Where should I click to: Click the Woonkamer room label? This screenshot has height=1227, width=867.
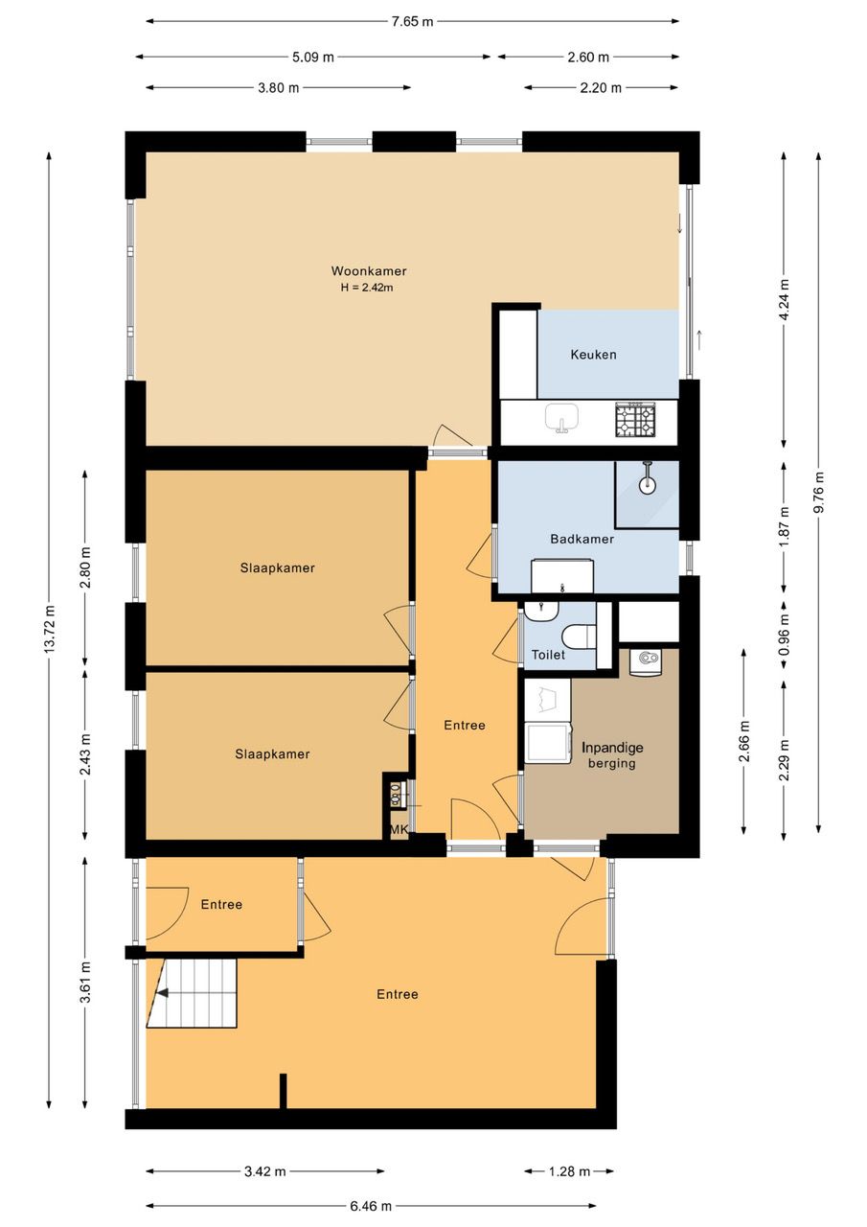click(x=369, y=270)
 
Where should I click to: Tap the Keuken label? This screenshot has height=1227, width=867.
click(x=593, y=355)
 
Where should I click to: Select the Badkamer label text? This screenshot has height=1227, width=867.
click(x=582, y=539)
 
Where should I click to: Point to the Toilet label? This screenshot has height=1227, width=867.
click(x=548, y=655)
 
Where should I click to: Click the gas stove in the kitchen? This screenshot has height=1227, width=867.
click(x=634, y=420)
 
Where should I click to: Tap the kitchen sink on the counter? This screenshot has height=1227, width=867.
click(x=561, y=417)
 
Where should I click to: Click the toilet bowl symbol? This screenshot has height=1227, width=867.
click(x=579, y=637)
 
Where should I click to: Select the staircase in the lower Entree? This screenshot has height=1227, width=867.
click(x=191, y=992)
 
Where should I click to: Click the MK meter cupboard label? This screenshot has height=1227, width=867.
click(x=399, y=829)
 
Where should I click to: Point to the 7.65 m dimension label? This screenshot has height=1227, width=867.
click(x=413, y=21)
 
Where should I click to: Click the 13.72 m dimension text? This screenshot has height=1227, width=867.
click(x=49, y=629)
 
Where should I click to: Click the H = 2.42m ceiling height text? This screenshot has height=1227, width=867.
click(x=367, y=287)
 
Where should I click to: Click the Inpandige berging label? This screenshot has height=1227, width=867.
click(x=612, y=755)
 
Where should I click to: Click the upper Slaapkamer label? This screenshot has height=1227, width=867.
click(x=278, y=568)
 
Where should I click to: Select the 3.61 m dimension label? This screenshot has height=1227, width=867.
click(x=85, y=982)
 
